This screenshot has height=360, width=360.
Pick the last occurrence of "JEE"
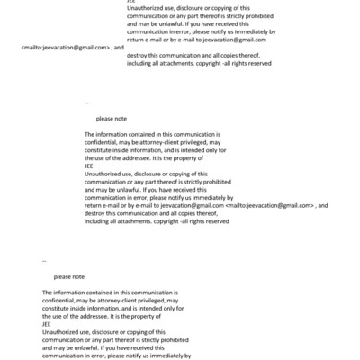(47, 328)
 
